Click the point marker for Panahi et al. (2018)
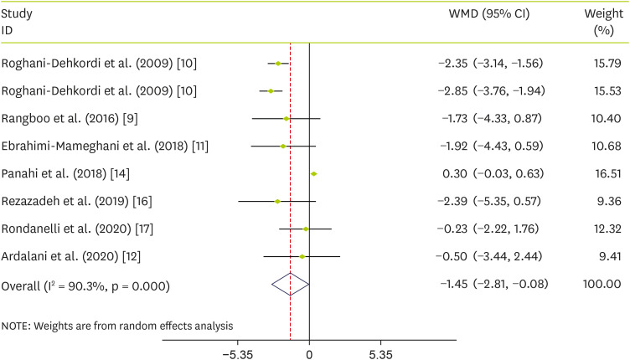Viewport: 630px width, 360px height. coord(313,173)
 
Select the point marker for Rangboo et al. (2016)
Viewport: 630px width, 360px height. coord(287,119)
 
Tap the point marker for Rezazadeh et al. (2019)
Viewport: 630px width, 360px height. coord(277,201)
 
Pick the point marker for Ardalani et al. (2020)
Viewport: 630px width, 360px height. coord(302,256)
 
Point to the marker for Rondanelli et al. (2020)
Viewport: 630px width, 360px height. coord(306,229)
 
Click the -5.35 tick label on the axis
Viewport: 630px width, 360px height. coord(238,354)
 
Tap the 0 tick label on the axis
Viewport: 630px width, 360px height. coord(309,354)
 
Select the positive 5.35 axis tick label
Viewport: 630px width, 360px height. coord(381,354)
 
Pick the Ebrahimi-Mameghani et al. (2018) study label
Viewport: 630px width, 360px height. coord(106,147)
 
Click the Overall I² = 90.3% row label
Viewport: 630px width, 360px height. coord(86,285)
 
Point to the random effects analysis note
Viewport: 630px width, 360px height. coord(116,325)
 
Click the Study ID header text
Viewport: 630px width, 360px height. coord(18,23)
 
